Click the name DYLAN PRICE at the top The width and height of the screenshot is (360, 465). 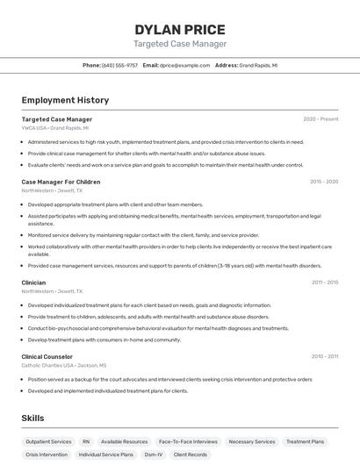pyautogui.click(x=180, y=30)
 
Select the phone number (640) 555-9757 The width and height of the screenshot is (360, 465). pyautogui.click(x=119, y=66)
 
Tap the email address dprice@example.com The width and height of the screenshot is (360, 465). pyautogui.click(x=184, y=66)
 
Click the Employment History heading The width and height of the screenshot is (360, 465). pyautogui.click(x=65, y=101)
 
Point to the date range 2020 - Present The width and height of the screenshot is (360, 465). pyautogui.click(x=320, y=119)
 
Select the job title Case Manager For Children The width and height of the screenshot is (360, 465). pyautogui.click(x=61, y=182)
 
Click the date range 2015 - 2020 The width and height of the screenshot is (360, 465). pyautogui.click(x=324, y=182)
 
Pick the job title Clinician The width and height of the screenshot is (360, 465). pyautogui.click(x=34, y=283)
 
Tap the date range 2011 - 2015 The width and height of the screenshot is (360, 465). pyautogui.click(x=324, y=283)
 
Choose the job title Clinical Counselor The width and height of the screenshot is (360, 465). pyautogui.click(x=47, y=356)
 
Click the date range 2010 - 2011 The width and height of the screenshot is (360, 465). pyautogui.click(x=324, y=356)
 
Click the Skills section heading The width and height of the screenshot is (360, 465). pyautogui.click(x=32, y=418)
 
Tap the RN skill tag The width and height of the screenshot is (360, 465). pyautogui.click(x=86, y=441)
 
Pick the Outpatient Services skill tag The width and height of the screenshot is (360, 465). pyautogui.click(x=49, y=441)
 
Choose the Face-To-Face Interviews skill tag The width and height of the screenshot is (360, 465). pyautogui.click(x=188, y=441)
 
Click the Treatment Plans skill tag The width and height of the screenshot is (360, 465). pyautogui.click(x=306, y=441)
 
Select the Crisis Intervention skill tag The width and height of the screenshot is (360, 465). pyautogui.click(x=47, y=455)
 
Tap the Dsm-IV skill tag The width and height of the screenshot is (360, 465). pyautogui.click(x=154, y=455)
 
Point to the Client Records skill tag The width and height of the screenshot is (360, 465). pyautogui.click(x=191, y=455)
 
